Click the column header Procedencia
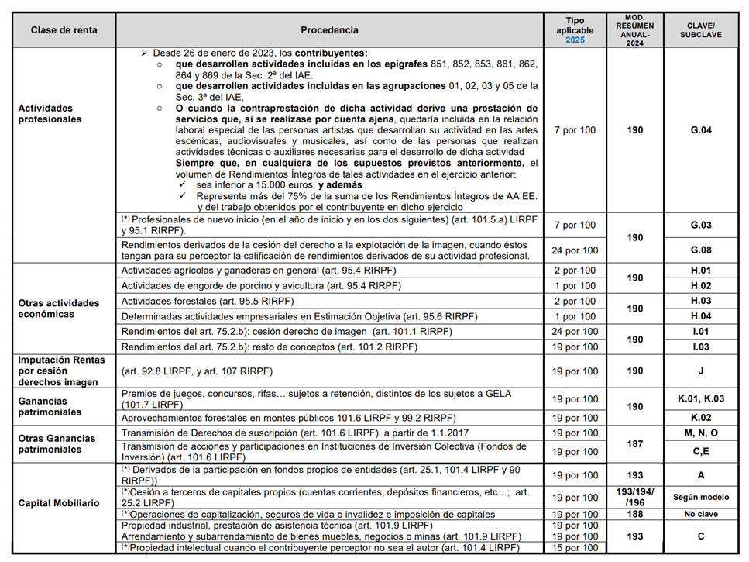[329, 30]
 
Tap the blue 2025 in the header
[575, 40]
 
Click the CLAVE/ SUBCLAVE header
[700, 30]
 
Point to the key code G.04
[700, 130]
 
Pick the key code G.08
[700, 250]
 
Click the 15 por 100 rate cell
[575, 548]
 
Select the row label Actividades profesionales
[50, 114]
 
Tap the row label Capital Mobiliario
[59, 503]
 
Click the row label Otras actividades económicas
[59, 309]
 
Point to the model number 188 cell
[635, 514]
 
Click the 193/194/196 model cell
[635, 497]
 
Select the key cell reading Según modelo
[700, 497]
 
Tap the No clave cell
[700, 514]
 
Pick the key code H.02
[700, 286]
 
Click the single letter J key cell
[700, 371]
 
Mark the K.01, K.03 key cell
[700, 399]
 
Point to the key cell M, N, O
[700, 433]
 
